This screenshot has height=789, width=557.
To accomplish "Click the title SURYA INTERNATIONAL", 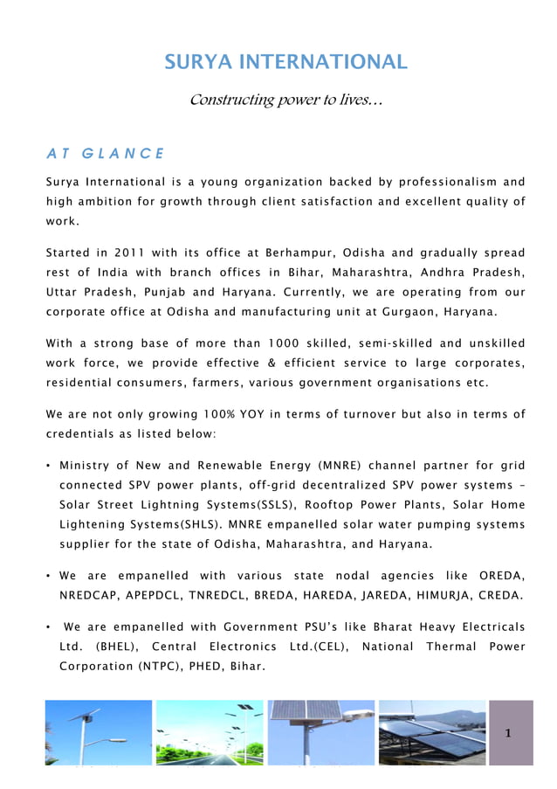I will coord(285,62).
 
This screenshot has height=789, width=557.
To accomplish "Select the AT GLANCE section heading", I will coord(104,154).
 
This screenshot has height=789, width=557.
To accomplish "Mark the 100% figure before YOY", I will coord(219,414).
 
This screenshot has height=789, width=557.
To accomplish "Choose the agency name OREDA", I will coord(502,576).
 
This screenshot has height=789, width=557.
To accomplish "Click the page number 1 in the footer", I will coord(509,733).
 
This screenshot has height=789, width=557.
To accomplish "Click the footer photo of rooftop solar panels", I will coord(431,733).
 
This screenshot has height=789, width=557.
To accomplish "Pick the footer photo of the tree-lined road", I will coord(210,733).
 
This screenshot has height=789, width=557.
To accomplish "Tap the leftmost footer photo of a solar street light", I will coord(98,733).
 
